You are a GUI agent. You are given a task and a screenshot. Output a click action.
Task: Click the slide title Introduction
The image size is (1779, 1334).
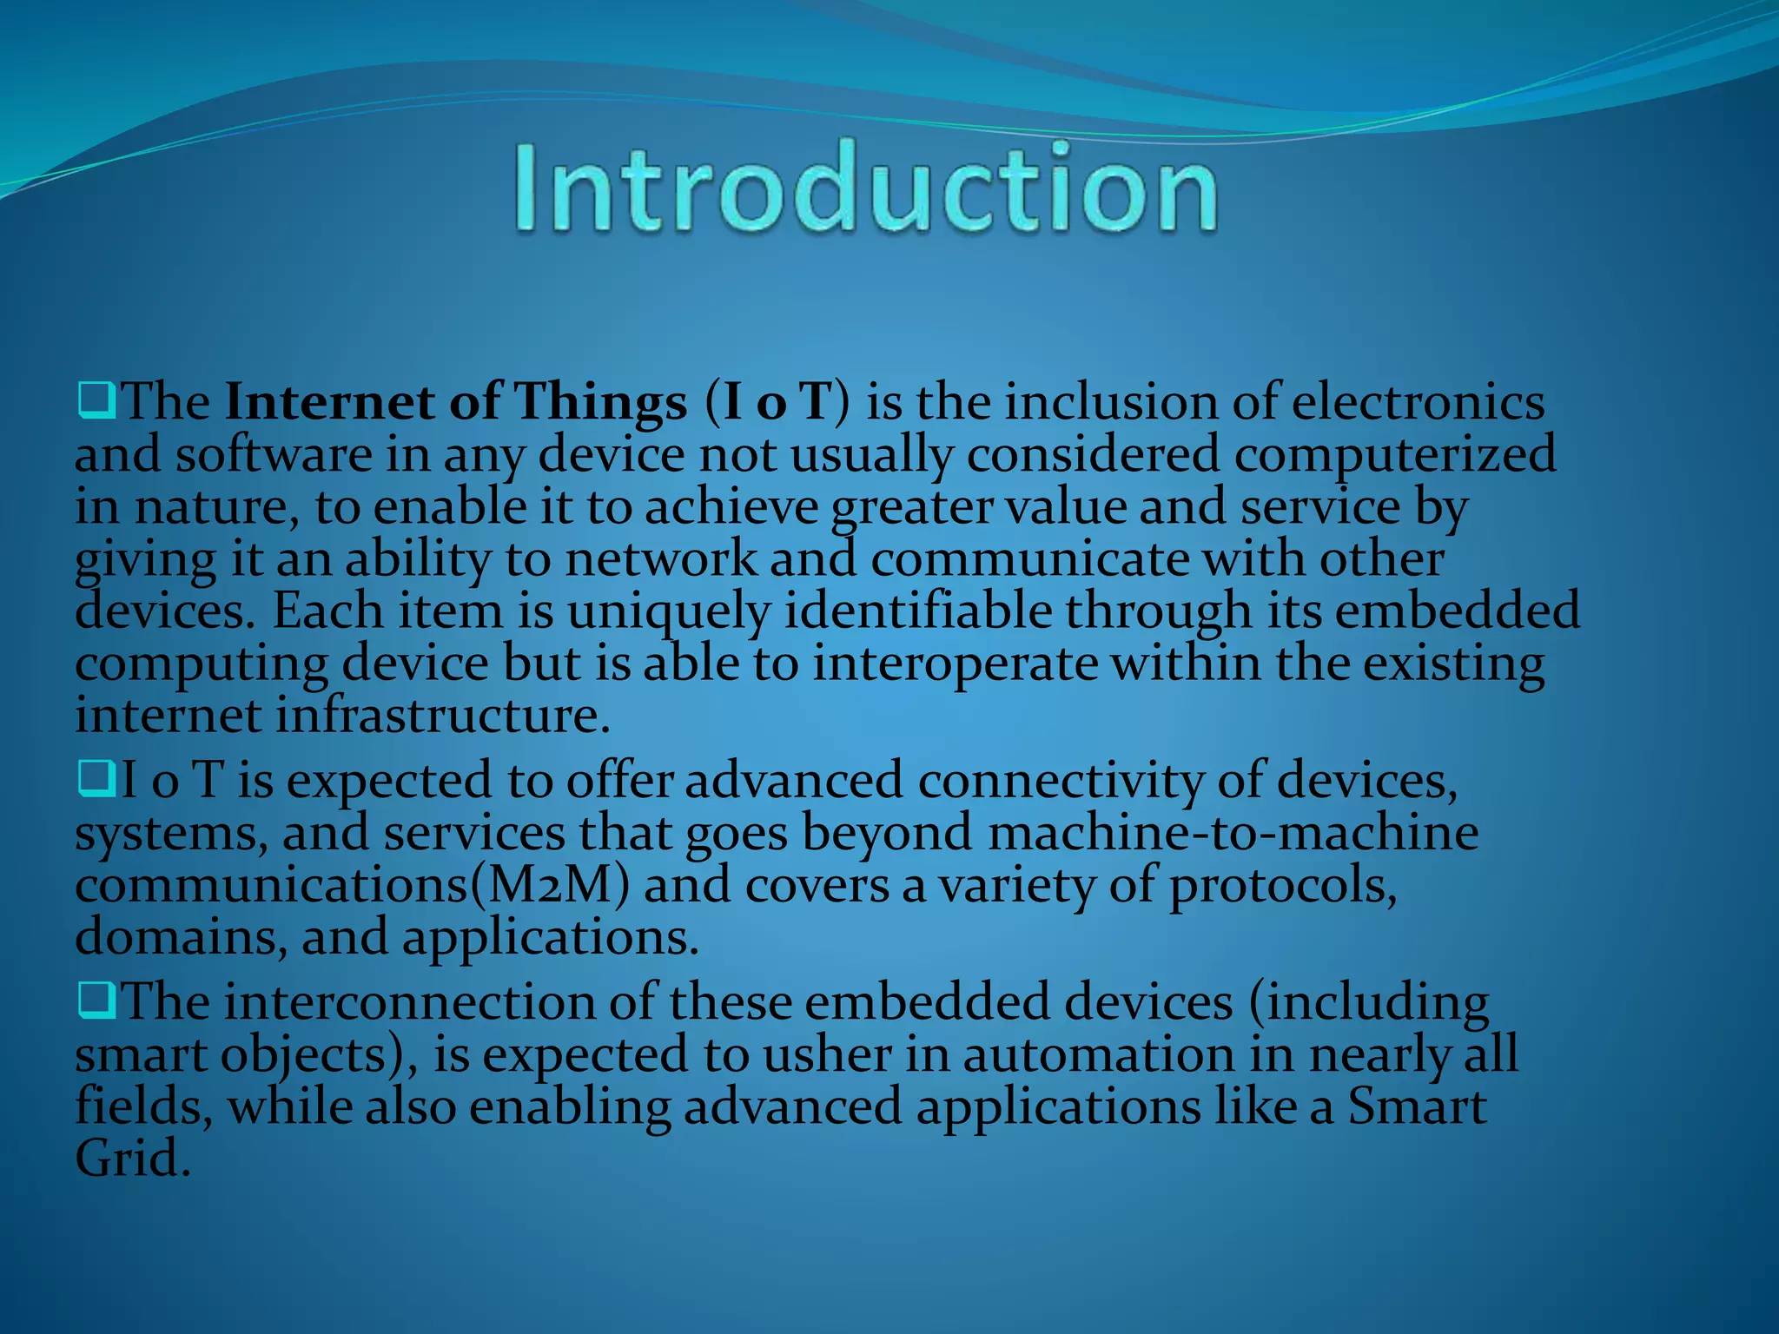pyautogui.click(x=865, y=188)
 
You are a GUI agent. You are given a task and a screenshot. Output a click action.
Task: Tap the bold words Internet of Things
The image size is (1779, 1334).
pyautogui.click(x=456, y=403)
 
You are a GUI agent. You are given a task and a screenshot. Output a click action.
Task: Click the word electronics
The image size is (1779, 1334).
pyautogui.click(x=1418, y=403)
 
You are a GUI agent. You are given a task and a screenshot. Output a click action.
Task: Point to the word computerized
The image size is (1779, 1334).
pyautogui.click(x=1395, y=455)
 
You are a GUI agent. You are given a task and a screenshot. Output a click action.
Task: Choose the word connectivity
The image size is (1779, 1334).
pyautogui.click(x=1060, y=780)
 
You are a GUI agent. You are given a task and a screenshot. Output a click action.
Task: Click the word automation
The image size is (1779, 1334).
pyautogui.click(x=1099, y=1054)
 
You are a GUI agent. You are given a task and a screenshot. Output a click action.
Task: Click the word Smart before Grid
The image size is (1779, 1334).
pyautogui.click(x=1417, y=1106)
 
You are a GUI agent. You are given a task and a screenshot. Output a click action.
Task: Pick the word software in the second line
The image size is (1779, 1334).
pyautogui.click(x=274, y=455)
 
